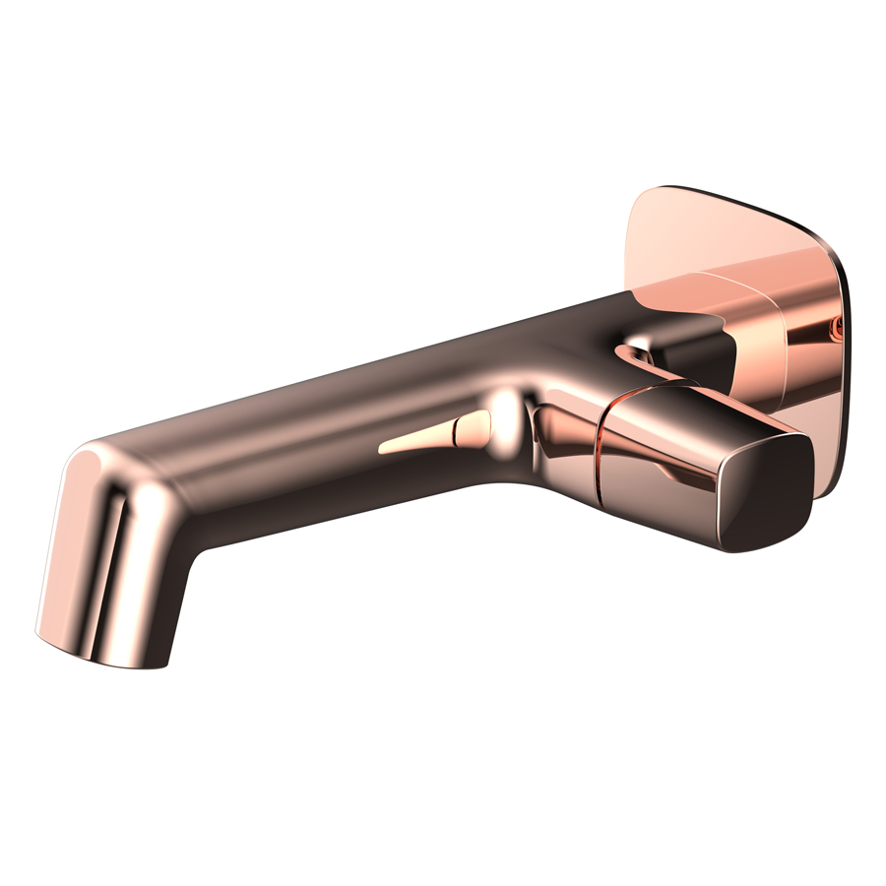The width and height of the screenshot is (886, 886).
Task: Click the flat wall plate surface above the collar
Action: point(728,231)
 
